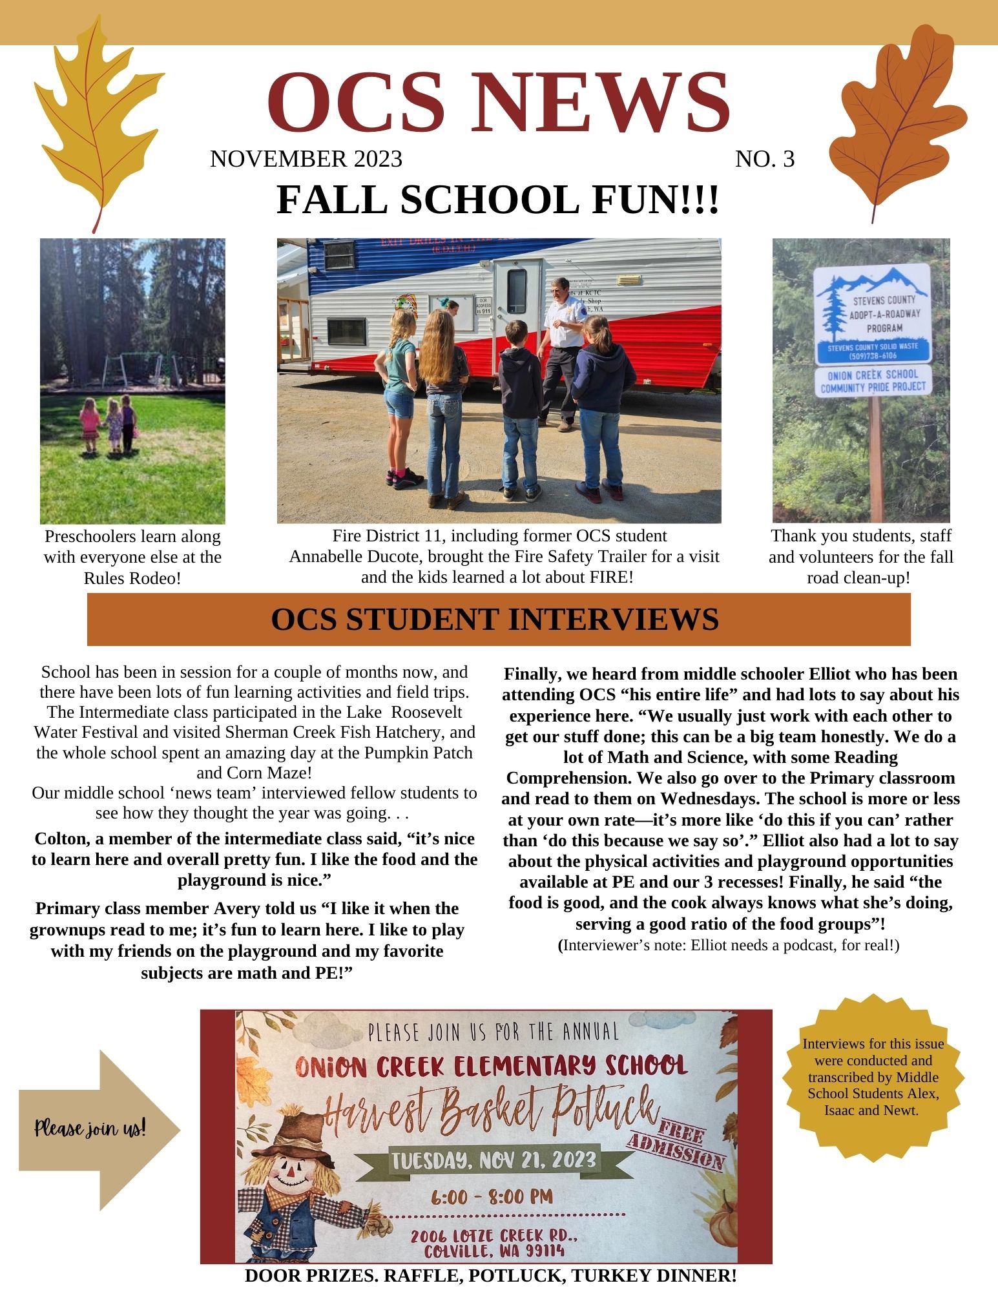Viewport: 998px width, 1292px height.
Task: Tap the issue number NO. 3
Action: pos(765,159)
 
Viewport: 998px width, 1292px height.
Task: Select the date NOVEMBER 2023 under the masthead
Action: pos(306,159)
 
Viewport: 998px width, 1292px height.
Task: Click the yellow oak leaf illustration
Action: pos(97,123)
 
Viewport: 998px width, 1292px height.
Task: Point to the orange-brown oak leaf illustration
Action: pos(898,123)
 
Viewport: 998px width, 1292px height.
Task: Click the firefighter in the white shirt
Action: pos(563,349)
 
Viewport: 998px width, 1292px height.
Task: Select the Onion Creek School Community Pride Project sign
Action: pos(873,381)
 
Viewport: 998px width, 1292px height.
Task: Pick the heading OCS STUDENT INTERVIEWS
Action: pos(495,619)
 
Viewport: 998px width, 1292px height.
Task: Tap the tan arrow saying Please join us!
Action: pos(97,1129)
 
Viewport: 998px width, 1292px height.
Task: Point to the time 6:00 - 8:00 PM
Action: pos(492,1197)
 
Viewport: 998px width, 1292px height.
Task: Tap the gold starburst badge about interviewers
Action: pos(873,1078)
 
